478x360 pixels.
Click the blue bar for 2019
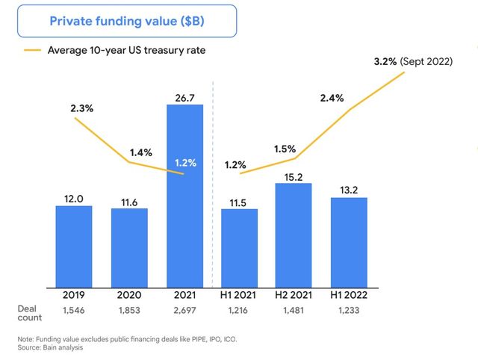pyautogui.click(x=74, y=246)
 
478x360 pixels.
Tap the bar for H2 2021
pyautogui.click(x=293, y=235)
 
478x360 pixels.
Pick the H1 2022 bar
pyautogui.click(x=349, y=243)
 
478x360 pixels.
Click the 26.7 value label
pyautogui.click(x=184, y=96)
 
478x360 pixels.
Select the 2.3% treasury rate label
pyautogui.click(x=82, y=108)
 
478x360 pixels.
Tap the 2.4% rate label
pyautogui.click(x=332, y=98)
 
